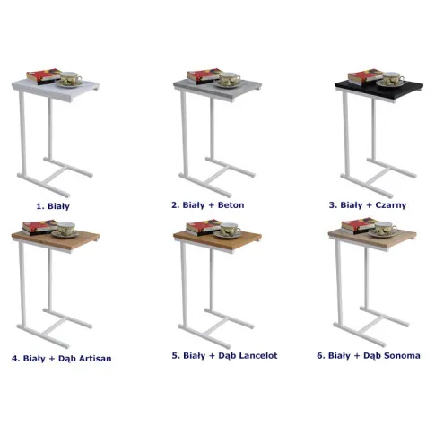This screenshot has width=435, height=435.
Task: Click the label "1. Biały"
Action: pos(53,206)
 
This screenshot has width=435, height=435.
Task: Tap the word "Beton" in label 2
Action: pos(231,205)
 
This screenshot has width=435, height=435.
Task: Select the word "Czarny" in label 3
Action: pos(391,205)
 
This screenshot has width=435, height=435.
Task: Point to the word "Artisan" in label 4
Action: pos(95,359)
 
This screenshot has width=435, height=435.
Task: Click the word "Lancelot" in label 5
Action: pos(258,355)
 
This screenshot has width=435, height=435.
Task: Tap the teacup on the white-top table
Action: pos(71,78)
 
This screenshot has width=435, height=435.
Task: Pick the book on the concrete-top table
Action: pos(204,76)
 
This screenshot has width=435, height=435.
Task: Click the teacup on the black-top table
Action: pos(393,78)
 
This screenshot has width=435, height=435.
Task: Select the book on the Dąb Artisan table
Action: pos(39,228)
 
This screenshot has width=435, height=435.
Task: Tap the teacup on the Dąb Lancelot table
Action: pos(231,229)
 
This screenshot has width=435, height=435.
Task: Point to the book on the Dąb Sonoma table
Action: pos(359,226)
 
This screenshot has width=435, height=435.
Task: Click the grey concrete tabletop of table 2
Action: pos(218,89)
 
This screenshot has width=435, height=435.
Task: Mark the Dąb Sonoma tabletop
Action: pos(372,239)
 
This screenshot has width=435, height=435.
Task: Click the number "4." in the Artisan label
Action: pos(16,359)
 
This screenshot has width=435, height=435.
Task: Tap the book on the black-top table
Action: pos(365,77)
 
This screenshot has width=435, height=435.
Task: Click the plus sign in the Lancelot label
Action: pos(212,356)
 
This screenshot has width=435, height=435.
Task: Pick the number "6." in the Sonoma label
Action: pos(321,355)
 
